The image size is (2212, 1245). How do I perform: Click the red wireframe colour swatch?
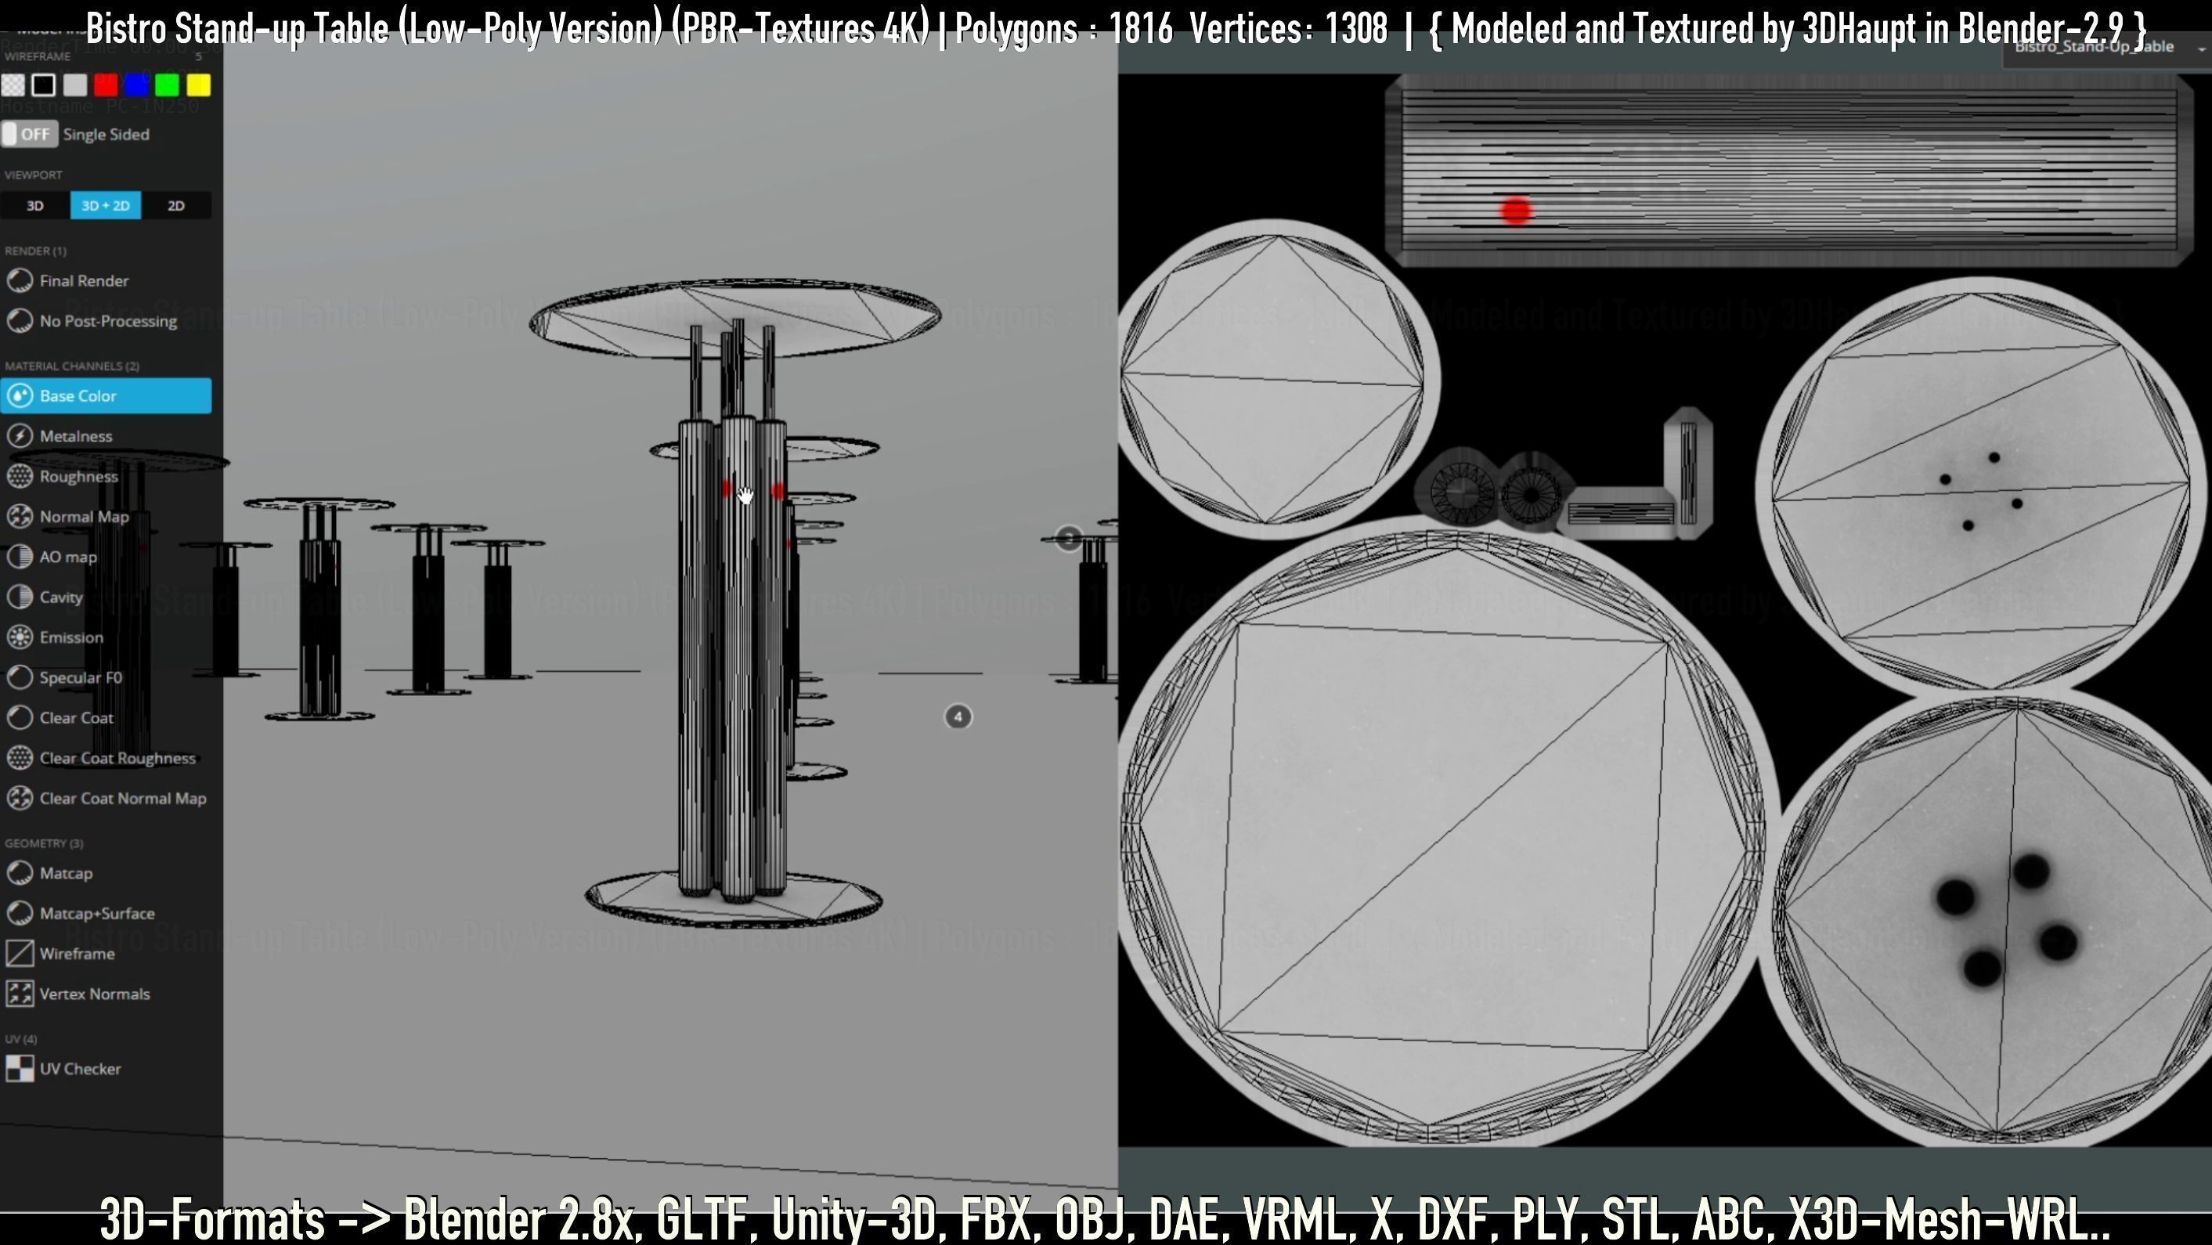click(x=106, y=85)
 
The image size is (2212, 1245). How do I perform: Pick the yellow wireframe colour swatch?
click(x=198, y=85)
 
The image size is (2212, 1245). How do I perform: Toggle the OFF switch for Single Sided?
click(x=29, y=134)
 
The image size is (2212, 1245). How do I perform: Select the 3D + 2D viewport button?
click(x=106, y=206)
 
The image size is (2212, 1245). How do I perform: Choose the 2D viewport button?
click(x=176, y=206)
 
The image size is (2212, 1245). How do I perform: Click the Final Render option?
click(x=83, y=281)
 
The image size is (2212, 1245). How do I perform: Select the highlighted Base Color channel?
click(x=106, y=396)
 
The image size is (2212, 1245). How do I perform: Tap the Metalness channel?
click(x=76, y=436)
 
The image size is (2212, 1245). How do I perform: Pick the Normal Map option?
click(x=83, y=517)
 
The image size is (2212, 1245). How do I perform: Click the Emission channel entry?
click(x=70, y=637)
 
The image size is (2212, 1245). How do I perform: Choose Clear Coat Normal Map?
click(x=122, y=799)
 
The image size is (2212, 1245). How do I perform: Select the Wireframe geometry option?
click(x=77, y=954)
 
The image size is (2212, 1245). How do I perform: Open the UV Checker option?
click(x=79, y=1069)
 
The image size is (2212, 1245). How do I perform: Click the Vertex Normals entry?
click(x=94, y=994)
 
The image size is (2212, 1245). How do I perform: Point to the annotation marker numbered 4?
click(x=958, y=717)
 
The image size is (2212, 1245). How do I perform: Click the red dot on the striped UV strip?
click(x=1517, y=211)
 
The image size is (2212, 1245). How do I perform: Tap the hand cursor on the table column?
click(x=745, y=496)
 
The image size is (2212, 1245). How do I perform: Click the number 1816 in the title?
click(x=1140, y=29)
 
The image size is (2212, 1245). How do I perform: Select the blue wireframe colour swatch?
click(x=136, y=85)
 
